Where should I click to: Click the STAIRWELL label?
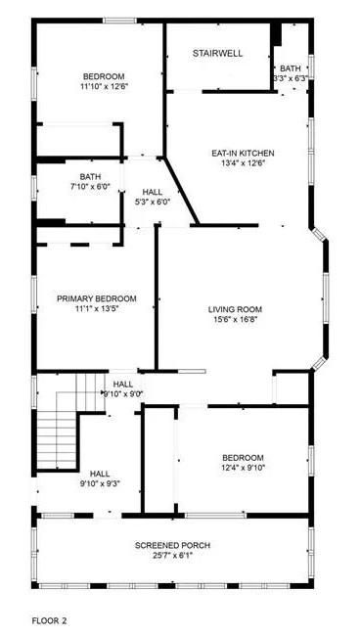pos(217,53)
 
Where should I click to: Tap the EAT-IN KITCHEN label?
pos(244,153)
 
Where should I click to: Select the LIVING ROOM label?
pos(236,310)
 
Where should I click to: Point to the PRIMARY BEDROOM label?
pos(96,298)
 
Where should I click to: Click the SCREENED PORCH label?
pos(172,545)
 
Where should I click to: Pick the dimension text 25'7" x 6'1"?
pos(172,556)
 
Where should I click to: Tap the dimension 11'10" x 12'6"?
pos(104,87)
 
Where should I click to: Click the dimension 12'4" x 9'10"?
pos(243,468)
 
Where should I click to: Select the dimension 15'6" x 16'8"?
pos(236,320)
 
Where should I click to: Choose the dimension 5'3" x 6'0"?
pos(153,202)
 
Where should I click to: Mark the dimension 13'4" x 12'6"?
pos(244,163)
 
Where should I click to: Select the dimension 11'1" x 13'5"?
pos(96,309)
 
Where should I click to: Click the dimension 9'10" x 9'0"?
pos(123,394)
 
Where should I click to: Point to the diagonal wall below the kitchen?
pos(183,191)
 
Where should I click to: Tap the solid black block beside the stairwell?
pos(276,32)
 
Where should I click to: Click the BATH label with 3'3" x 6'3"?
pos(291,68)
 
